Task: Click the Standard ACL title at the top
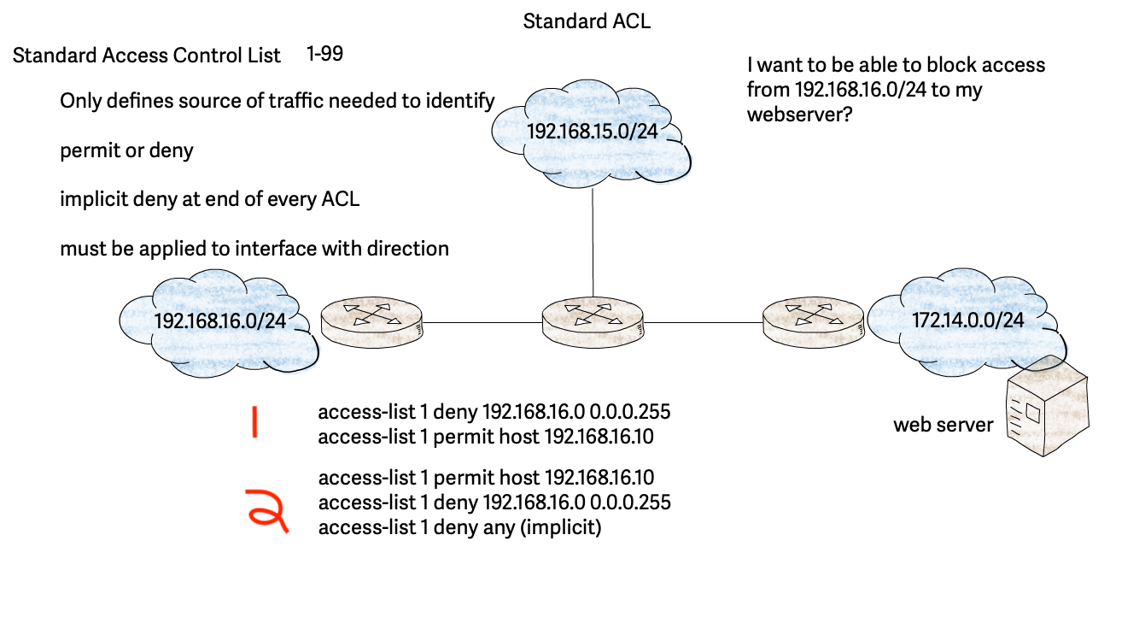(x=587, y=21)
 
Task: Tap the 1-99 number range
(x=324, y=54)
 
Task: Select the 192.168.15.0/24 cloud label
(x=591, y=132)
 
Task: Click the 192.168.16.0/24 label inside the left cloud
(x=219, y=320)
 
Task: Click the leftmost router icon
(x=371, y=322)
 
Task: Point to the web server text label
(x=943, y=425)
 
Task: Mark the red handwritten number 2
(x=266, y=510)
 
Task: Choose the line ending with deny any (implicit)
(x=459, y=527)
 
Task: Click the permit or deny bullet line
(x=126, y=151)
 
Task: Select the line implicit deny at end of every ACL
(x=209, y=200)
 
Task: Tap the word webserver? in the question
(x=796, y=114)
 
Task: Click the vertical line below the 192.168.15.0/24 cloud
(x=593, y=239)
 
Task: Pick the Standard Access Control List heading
(x=147, y=56)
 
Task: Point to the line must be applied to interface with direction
(x=254, y=249)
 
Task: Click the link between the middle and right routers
(x=704, y=322)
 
